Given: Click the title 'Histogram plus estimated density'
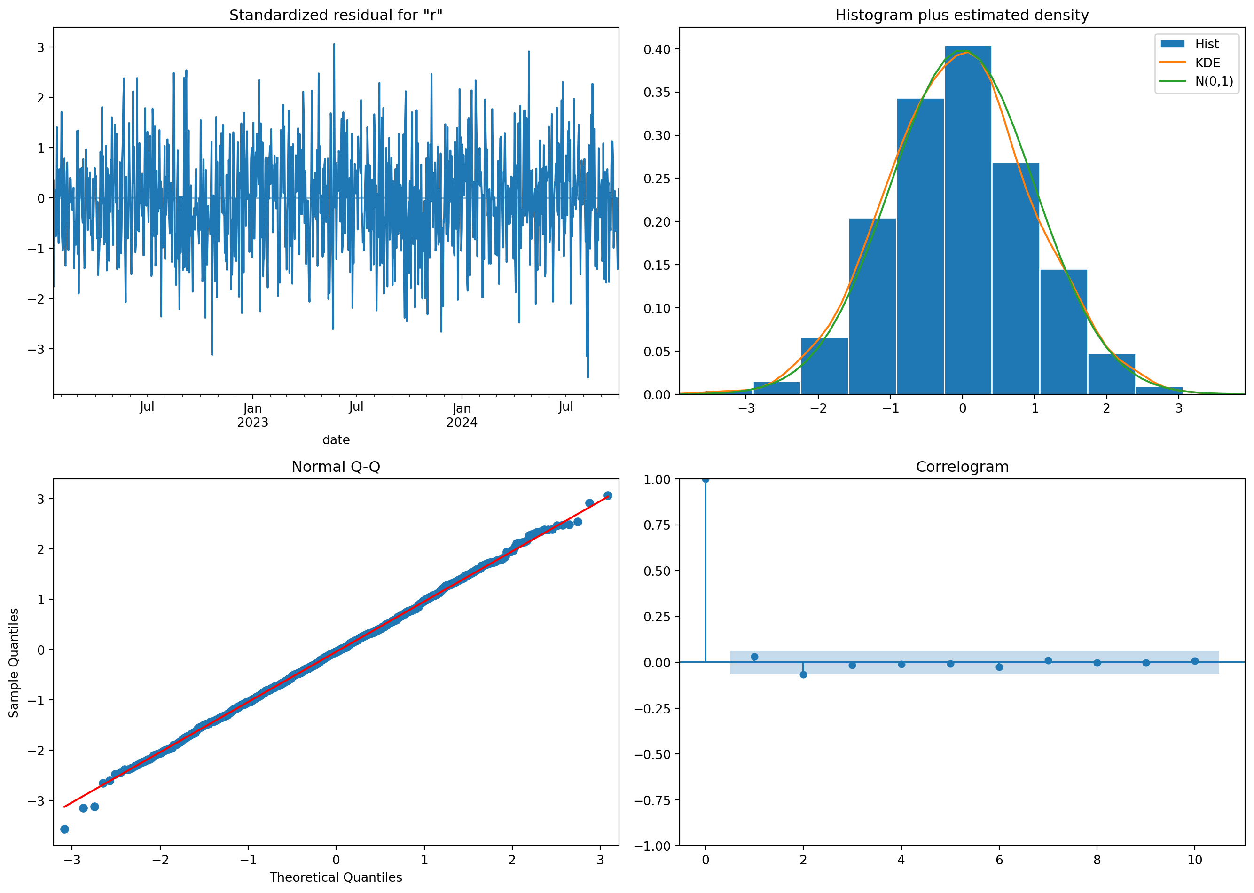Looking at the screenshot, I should click(962, 15).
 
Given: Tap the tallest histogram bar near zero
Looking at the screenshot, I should click(968, 220).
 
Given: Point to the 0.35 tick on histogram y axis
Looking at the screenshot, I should click(658, 92).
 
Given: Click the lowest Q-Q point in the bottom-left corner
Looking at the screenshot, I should click(64, 829).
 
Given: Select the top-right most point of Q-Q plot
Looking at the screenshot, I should click(607, 495).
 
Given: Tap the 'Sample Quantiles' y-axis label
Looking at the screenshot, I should click(14, 663).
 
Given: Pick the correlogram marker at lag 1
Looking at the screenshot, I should click(754, 657).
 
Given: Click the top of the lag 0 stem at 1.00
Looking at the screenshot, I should click(705, 479).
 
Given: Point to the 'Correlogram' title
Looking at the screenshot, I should click(962, 467).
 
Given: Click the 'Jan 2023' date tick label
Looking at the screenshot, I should click(252, 415).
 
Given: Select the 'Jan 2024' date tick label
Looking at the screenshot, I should click(461, 415).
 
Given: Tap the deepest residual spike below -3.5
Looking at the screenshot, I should click(588, 376).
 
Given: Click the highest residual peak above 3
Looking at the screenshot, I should click(334, 45).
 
